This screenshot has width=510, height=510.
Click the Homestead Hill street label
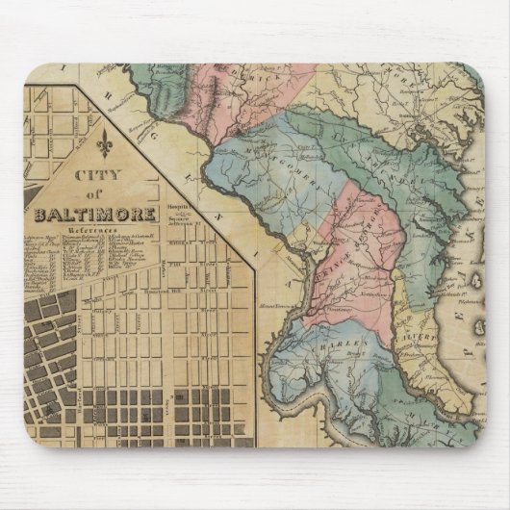(x=155, y=290)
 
